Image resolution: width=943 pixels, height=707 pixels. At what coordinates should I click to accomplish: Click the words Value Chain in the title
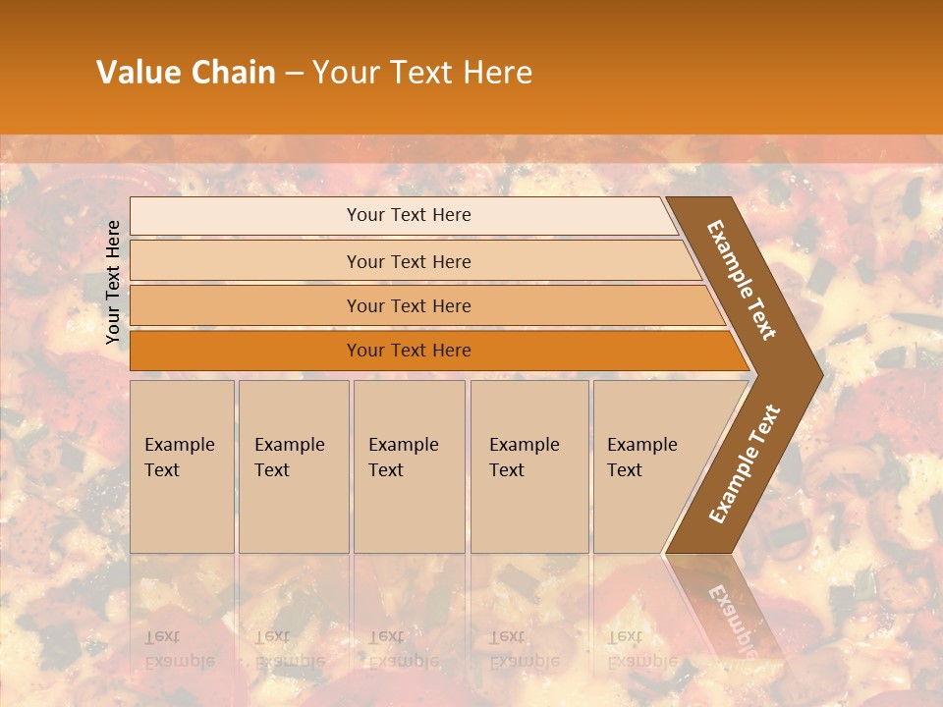[186, 73]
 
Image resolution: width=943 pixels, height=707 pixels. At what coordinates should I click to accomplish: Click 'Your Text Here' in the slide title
[422, 73]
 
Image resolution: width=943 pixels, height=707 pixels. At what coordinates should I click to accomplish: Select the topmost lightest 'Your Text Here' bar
[409, 215]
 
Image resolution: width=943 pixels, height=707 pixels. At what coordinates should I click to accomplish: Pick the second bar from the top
[409, 261]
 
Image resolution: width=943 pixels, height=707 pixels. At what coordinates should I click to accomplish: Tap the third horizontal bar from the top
[409, 305]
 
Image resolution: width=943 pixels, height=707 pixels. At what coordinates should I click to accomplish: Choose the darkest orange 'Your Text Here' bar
[409, 351]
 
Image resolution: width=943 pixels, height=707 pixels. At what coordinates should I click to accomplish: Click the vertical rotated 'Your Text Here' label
[113, 282]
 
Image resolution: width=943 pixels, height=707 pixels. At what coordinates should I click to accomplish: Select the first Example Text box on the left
[182, 466]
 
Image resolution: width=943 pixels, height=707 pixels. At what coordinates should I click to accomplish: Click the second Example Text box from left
[293, 466]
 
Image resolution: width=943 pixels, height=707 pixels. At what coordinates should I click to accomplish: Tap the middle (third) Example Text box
[408, 466]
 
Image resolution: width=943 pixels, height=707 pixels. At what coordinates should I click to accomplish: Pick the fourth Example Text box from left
[528, 466]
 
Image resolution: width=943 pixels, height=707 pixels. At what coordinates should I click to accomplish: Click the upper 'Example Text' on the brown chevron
[742, 279]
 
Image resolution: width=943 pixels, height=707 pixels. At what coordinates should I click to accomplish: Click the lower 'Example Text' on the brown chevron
[745, 464]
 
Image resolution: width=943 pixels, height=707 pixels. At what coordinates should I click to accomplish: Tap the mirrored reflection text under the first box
[180, 649]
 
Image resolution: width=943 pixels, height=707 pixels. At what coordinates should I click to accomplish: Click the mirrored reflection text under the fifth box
[642, 649]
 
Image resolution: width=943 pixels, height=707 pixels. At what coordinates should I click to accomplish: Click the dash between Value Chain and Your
[294, 74]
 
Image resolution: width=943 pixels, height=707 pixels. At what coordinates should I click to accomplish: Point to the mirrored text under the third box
[404, 649]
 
